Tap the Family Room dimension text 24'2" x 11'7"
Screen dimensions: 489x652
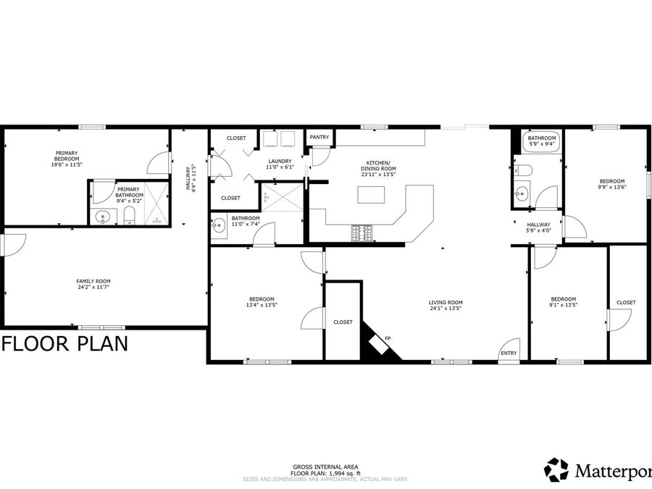[93, 288]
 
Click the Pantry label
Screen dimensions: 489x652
[319, 138]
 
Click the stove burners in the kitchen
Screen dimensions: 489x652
[362, 233]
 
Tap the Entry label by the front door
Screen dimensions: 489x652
[509, 354]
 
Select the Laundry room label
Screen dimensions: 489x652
[280, 161]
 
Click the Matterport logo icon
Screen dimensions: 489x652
[556, 469]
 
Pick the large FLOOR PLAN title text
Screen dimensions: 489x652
[65, 343]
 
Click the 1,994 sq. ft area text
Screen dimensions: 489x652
[325, 472]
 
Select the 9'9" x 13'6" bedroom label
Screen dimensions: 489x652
[611, 184]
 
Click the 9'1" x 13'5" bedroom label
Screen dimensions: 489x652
[563, 302]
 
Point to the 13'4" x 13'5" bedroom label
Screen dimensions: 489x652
[262, 302]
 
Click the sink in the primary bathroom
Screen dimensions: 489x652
[104, 216]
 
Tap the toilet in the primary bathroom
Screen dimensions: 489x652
[129, 214]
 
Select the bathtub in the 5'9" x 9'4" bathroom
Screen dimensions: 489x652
[541, 153]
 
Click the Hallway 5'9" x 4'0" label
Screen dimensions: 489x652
[539, 227]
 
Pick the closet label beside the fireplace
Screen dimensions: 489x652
[343, 322]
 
